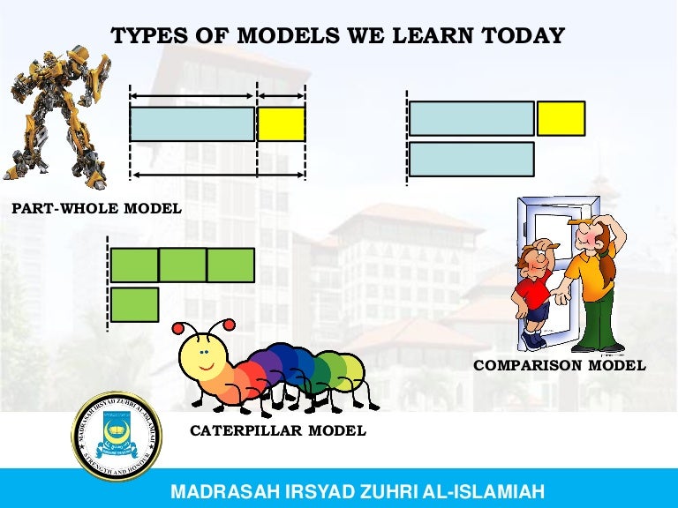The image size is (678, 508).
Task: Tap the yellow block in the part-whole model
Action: (282, 124)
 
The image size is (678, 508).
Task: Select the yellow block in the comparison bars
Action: (561, 118)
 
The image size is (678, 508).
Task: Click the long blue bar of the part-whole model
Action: (192, 124)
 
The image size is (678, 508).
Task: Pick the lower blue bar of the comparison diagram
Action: (471, 159)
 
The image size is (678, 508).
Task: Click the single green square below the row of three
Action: (134, 304)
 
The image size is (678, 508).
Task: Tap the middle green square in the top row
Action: (183, 265)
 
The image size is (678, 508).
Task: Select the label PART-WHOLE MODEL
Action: (96, 209)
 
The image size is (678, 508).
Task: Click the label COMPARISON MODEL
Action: (560, 365)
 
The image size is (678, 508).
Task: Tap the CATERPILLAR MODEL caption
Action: (278, 431)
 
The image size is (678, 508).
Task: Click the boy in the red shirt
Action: (534, 291)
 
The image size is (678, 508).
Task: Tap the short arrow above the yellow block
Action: (282, 95)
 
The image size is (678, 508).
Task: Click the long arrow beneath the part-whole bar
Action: (218, 175)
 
